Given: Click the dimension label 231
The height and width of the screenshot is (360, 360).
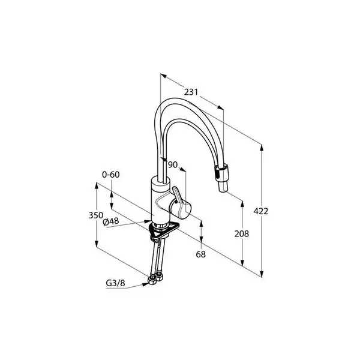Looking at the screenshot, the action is [x=191, y=92].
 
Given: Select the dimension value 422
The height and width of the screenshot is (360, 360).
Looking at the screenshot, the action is [x=260, y=211].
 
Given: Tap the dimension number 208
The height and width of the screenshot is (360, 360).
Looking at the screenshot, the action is [x=242, y=234].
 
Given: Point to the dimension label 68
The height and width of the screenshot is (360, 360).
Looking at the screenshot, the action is [x=200, y=254].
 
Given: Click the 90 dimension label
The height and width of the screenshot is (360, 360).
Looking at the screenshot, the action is [x=173, y=164].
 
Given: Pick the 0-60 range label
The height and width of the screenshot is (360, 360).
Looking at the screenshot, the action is [x=110, y=175].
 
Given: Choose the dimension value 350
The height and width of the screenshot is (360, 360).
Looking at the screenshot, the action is [x=96, y=215].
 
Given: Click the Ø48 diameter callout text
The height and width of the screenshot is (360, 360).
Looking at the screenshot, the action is [x=111, y=221].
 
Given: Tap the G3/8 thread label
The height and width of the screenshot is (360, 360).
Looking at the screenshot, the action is [x=115, y=283].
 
